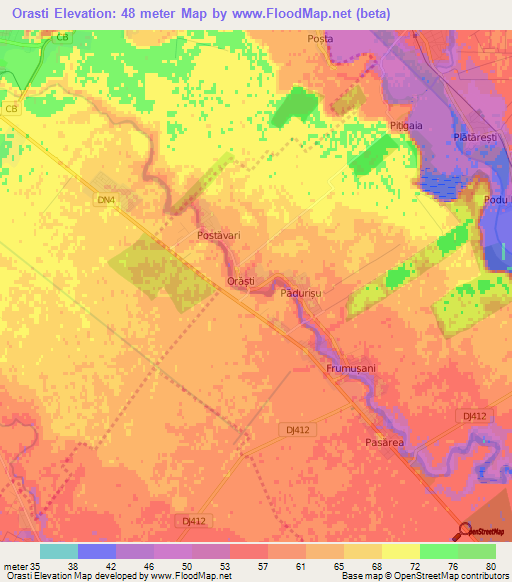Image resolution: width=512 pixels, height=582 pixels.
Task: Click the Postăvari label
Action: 215,236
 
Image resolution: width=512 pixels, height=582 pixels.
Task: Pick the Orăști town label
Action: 241,282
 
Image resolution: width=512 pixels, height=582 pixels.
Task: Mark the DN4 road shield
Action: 106,200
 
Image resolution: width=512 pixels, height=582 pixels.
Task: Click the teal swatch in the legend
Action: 59,551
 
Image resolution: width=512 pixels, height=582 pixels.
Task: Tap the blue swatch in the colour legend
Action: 97,551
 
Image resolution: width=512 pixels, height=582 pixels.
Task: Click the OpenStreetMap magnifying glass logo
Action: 466,531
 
